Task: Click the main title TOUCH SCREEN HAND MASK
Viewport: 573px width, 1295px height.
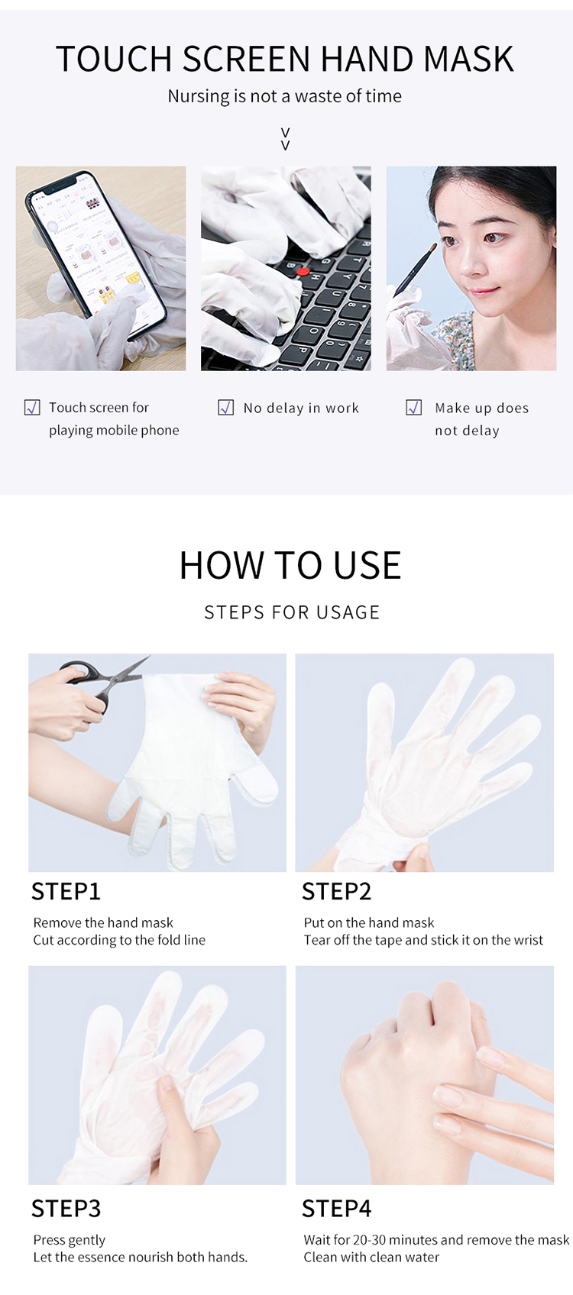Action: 285,60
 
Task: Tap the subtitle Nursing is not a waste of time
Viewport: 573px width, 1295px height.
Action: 285,96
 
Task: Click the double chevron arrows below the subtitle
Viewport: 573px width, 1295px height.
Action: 286,139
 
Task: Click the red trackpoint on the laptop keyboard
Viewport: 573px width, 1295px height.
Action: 303,271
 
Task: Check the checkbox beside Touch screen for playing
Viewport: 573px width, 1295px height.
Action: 33,408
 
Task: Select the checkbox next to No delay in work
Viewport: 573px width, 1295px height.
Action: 226,408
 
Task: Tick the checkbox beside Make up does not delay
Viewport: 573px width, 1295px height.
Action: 414,408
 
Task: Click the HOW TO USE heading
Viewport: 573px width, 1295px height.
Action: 290,566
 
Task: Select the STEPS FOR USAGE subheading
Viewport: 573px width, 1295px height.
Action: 292,612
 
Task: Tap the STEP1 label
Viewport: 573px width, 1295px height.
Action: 66,892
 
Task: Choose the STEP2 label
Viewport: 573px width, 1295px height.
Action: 336,892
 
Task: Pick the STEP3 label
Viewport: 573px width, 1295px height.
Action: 66,1209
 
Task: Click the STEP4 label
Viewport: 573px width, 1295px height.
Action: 336,1209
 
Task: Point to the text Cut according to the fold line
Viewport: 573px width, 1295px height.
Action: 119,940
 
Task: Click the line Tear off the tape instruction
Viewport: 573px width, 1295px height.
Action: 423,940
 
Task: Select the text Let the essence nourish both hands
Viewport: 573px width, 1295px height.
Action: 141,1257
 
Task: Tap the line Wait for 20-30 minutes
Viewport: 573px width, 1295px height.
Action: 436,1240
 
